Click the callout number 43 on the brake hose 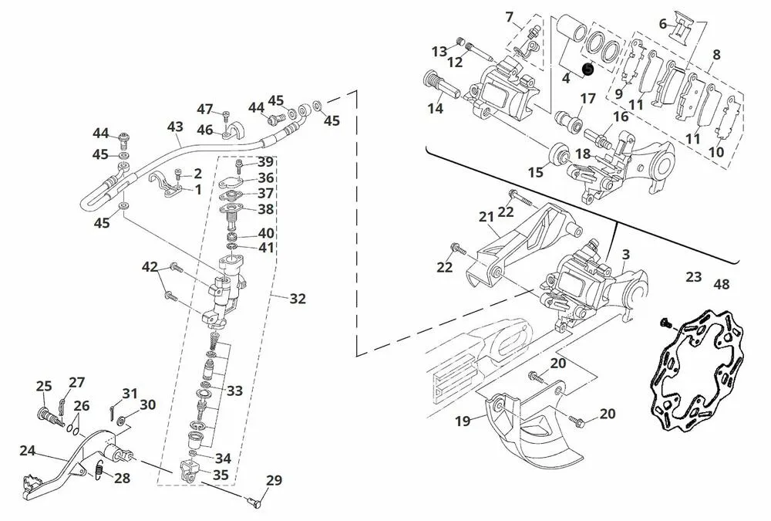coord(175,127)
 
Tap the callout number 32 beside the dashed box coord(297,298)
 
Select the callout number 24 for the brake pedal coord(27,450)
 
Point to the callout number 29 coord(274,480)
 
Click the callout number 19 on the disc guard coord(462,421)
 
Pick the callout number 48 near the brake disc coord(721,284)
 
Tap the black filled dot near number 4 coord(588,68)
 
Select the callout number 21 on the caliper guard coord(486,218)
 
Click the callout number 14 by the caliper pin coord(436,109)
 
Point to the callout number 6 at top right coord(662,24)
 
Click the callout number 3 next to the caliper coord(625,254)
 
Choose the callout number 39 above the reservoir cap coord(265,162)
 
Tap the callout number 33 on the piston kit coord(234,391)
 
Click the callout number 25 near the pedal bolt coord(44,386)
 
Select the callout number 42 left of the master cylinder coord(150,267)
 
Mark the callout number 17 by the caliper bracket coord(588,99)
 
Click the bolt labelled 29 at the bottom coord(255,503)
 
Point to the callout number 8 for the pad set coord(716,55)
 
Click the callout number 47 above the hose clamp coord(204,109)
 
